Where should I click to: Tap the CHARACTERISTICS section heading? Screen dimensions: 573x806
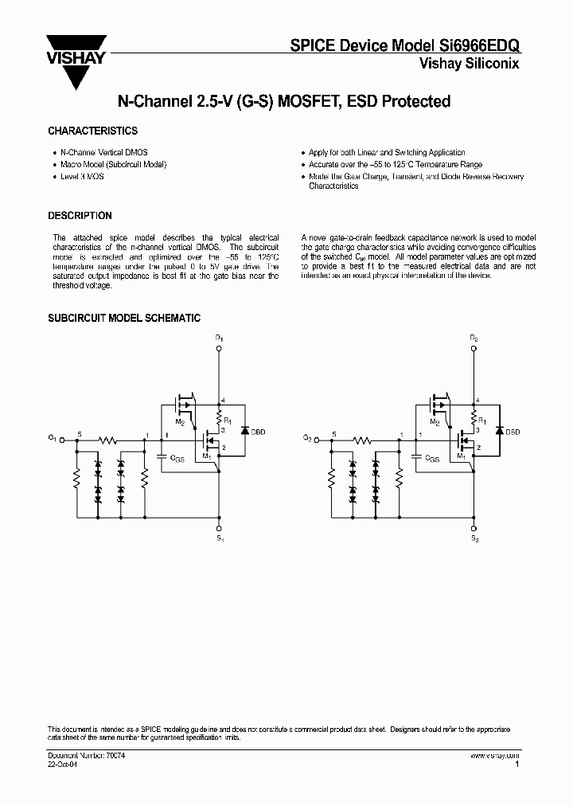click(92, 131)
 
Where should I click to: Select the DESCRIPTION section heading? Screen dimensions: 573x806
click(80, 216)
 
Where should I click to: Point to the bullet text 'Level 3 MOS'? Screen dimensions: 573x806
click(82, 176)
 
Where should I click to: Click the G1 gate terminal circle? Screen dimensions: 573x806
click(61, 439)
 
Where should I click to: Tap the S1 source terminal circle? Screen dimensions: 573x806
click(220, 528)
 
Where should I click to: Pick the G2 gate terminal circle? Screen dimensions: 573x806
click(316, 439)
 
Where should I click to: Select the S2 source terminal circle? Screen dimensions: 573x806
click(474, 528)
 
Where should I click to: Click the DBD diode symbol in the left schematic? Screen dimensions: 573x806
click(244, 431)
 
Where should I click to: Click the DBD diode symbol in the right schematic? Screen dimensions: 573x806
click(498, 431)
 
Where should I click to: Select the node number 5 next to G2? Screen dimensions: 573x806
click(333, 433)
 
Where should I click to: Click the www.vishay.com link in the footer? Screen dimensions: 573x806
click(494, 754)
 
